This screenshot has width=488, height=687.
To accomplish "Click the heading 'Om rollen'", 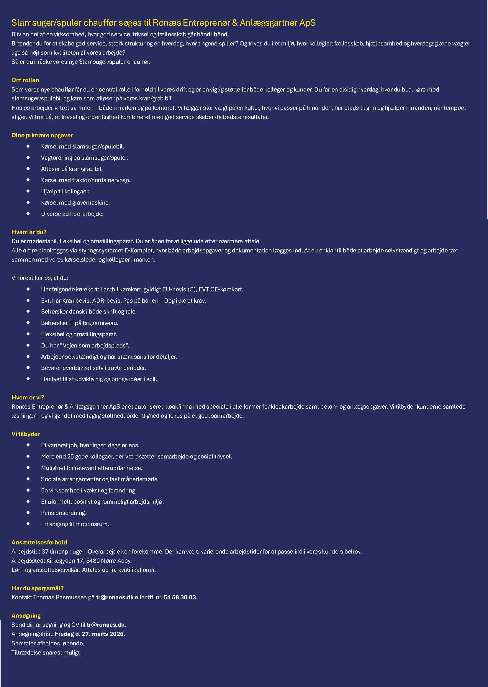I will coord(25,80).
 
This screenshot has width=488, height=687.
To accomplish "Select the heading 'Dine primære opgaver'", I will coord(42,135).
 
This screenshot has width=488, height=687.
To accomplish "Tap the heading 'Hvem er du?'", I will coord(29,232).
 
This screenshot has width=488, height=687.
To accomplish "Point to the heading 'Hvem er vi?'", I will coord(28,397).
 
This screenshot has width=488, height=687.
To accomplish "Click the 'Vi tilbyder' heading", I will coord(25,434).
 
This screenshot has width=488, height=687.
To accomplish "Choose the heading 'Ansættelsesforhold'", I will coord(39,542).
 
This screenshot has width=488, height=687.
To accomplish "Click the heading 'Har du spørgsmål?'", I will coord(37,588).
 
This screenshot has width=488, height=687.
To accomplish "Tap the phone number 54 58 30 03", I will coord(180,598).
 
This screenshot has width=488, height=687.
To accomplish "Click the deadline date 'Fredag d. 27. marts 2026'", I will coord(90,634).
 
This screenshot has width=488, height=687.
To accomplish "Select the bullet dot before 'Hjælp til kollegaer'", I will coord(28,191).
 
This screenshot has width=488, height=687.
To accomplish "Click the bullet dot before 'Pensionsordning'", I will coord(28,513).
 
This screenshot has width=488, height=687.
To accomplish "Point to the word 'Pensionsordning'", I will coord(63,513).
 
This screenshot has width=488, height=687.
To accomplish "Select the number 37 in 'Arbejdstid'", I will coord(45,552).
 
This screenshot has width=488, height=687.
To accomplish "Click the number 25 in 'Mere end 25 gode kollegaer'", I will coord(70,456).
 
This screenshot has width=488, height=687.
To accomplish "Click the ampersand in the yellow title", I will coord(235,23).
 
